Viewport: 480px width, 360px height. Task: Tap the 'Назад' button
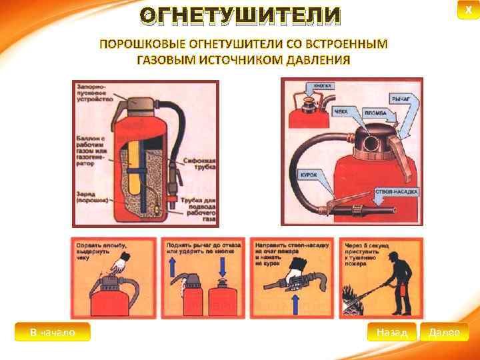point(391,331)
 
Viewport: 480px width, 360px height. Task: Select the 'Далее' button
point(445,331)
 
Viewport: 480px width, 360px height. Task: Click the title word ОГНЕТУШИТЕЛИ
point(241,15)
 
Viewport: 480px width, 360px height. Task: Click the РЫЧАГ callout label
point(401,99)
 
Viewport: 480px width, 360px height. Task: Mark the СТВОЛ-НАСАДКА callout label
point(397,191)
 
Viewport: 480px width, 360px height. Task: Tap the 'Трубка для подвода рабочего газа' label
point(199,207)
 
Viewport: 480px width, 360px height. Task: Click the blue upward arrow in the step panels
point(173,269)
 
